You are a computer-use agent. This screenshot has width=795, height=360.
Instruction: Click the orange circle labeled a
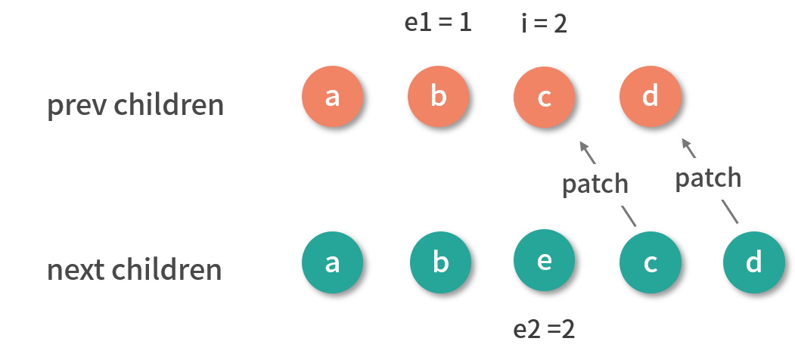[332, 98]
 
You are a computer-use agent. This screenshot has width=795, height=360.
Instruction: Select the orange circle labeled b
[438, 98]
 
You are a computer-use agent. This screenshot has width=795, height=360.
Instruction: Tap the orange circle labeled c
[544, 98]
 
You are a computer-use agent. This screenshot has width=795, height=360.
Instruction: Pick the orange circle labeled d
[650, 98]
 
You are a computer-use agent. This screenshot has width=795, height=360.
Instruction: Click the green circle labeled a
[332, 263]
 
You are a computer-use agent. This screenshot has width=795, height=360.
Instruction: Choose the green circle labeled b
[440, 264]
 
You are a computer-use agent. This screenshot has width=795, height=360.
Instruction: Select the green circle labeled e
[544, 262]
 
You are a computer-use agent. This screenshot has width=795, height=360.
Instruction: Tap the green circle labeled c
[650, 264]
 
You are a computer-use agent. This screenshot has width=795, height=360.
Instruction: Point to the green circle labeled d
[753, 264]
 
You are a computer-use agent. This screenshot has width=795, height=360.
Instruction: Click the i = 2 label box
[544, 24]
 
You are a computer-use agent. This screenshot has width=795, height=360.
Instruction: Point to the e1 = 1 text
[438, 22]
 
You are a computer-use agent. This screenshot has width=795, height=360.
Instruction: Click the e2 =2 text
[544, 330]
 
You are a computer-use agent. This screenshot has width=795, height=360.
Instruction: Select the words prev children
[136, 105]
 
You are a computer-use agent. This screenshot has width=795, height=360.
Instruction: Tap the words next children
[135, 270]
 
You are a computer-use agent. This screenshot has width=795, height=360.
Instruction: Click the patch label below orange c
[595, 184]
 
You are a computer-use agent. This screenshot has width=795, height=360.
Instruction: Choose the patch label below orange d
[708, 178]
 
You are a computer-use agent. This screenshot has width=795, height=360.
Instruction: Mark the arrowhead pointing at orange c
[582, 144]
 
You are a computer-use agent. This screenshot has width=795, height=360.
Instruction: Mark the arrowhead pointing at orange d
[685, 142]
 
